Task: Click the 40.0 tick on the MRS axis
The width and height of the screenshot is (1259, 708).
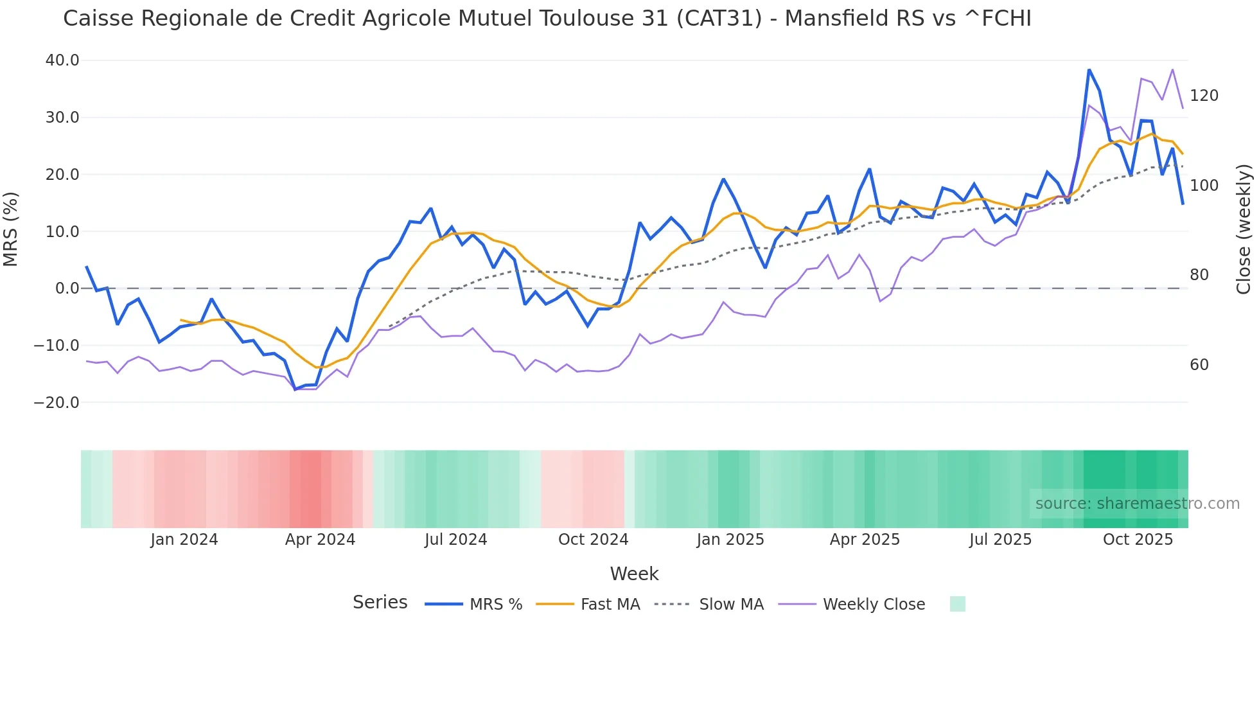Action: click(62, 60)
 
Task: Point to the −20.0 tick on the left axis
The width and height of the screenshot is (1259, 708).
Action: click(57, 403)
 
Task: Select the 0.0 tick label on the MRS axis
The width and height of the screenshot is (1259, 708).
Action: click(67, 288)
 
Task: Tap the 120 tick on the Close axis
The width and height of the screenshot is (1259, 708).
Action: click(1204, 96)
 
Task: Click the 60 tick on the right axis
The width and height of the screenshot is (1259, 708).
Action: click(1199, 365)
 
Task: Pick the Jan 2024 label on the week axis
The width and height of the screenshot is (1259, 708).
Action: click(184, 540)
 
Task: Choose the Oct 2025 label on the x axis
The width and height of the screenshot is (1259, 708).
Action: click(1138, 540)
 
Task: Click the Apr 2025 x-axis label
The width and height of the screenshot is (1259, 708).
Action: click(865, 540)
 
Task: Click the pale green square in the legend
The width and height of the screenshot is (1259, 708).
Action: click(957, 604)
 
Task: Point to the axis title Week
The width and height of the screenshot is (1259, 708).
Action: click(634, 574)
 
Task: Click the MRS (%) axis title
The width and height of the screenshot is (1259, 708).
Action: click(11, 229)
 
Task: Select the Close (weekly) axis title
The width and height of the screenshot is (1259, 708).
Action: click(1244, 229)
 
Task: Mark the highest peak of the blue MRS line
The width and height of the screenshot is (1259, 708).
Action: click(1089, 69)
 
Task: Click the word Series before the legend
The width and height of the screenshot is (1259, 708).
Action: click(380, 603)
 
